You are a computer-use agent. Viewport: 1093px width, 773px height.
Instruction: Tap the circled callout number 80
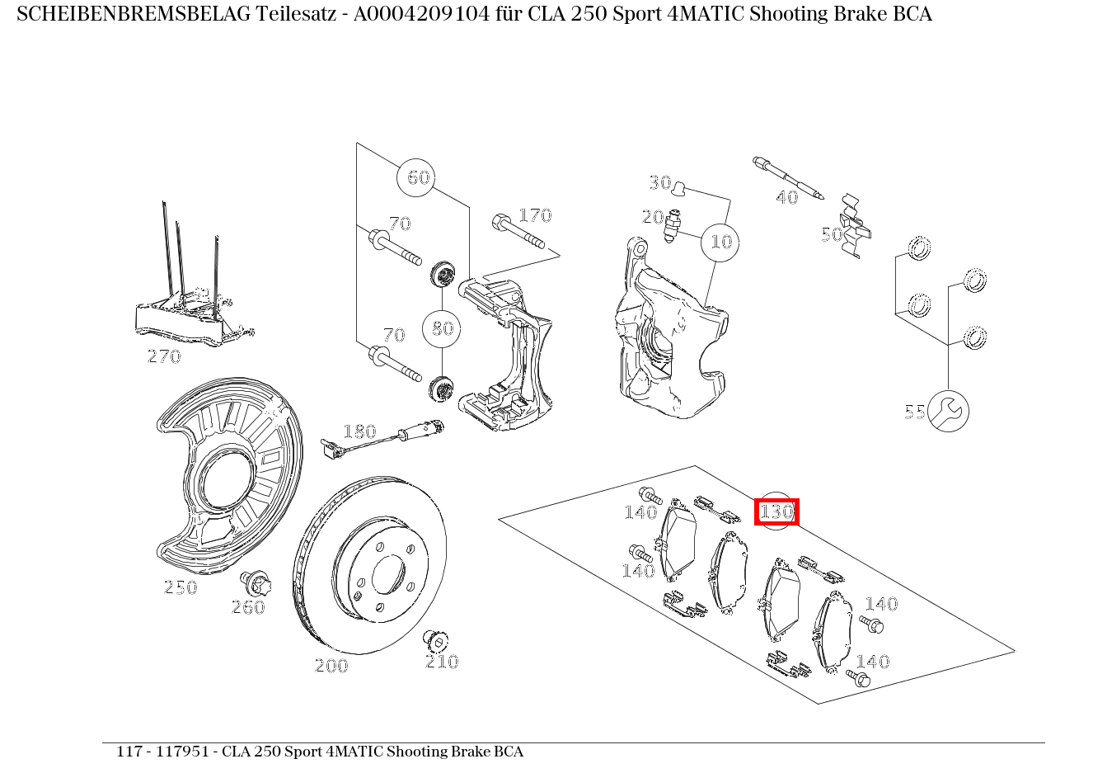[x=442, y=328]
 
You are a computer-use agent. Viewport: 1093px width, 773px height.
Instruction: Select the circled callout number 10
[x=720, y=243]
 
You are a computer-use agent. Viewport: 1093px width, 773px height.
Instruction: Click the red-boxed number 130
[x=776, y=511]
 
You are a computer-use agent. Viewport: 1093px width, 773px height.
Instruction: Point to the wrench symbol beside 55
[x=948, y=411]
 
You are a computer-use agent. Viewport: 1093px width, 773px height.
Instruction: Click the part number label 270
[x=164, y=356]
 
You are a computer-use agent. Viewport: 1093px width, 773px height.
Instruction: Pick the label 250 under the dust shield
[x=181, y=587]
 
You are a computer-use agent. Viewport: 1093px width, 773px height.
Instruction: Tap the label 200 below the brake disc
[x=332, y=666]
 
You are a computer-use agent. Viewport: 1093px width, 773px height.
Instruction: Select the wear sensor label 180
[x=360, y=431]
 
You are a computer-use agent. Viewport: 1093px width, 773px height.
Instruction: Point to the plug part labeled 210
[x=436, y=641]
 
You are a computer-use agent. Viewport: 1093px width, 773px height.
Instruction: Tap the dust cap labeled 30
[x=678, y=188]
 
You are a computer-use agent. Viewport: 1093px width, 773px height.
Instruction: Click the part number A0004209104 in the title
[x=421, y=14]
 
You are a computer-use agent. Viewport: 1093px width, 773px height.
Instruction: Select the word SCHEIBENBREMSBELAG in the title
[x=134, y=14]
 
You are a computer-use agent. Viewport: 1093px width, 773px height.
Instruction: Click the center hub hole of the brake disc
[x=388, y=574]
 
